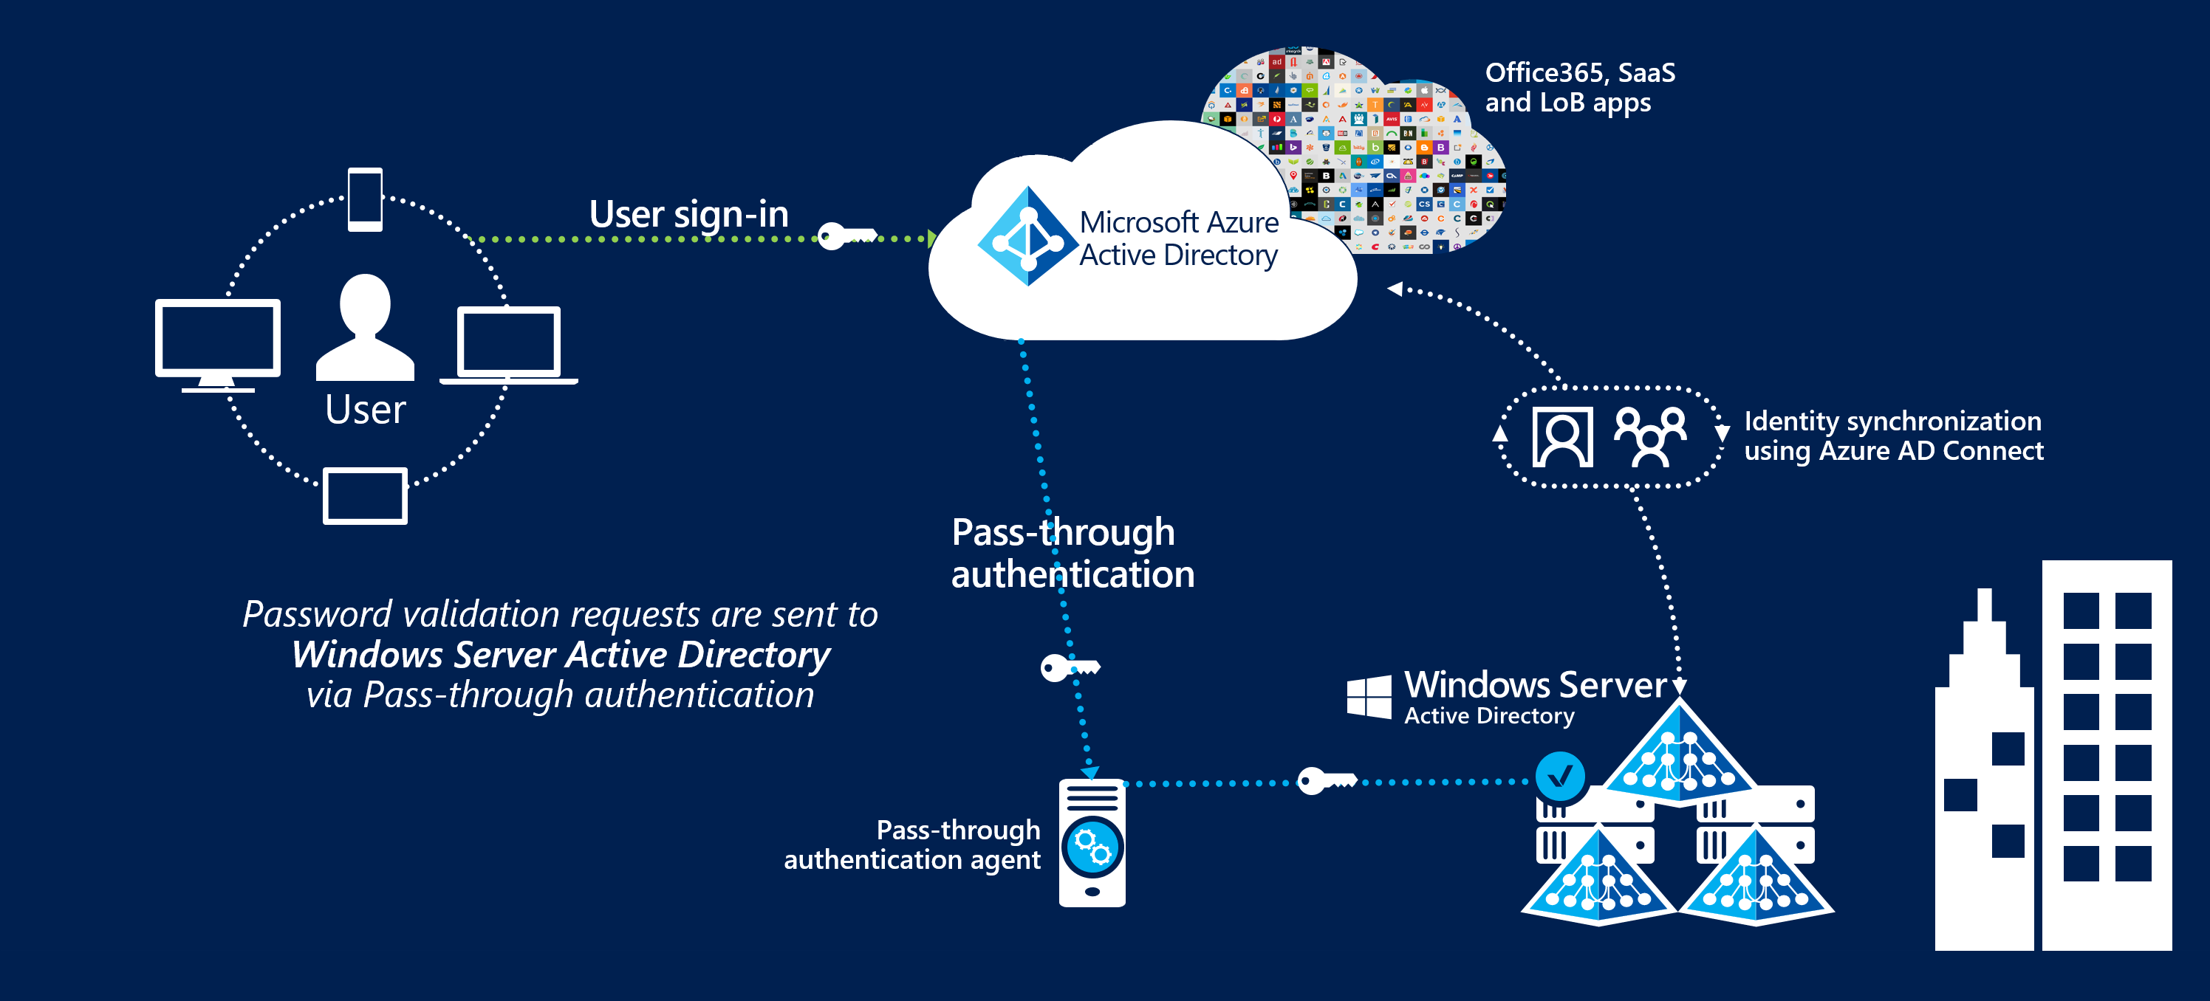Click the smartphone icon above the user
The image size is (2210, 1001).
[365, 199]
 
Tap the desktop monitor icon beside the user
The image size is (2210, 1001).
[217, 340]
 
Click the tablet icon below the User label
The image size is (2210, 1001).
[365, 496]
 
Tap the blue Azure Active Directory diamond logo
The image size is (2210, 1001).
[1027, 238]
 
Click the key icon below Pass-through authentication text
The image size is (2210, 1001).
[1069, 667]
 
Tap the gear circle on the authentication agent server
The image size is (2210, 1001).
[1092, 847]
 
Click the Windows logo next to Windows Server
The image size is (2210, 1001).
[1369, 697]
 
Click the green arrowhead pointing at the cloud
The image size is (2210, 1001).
[931, 238]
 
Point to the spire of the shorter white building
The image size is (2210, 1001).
[1983, 605]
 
